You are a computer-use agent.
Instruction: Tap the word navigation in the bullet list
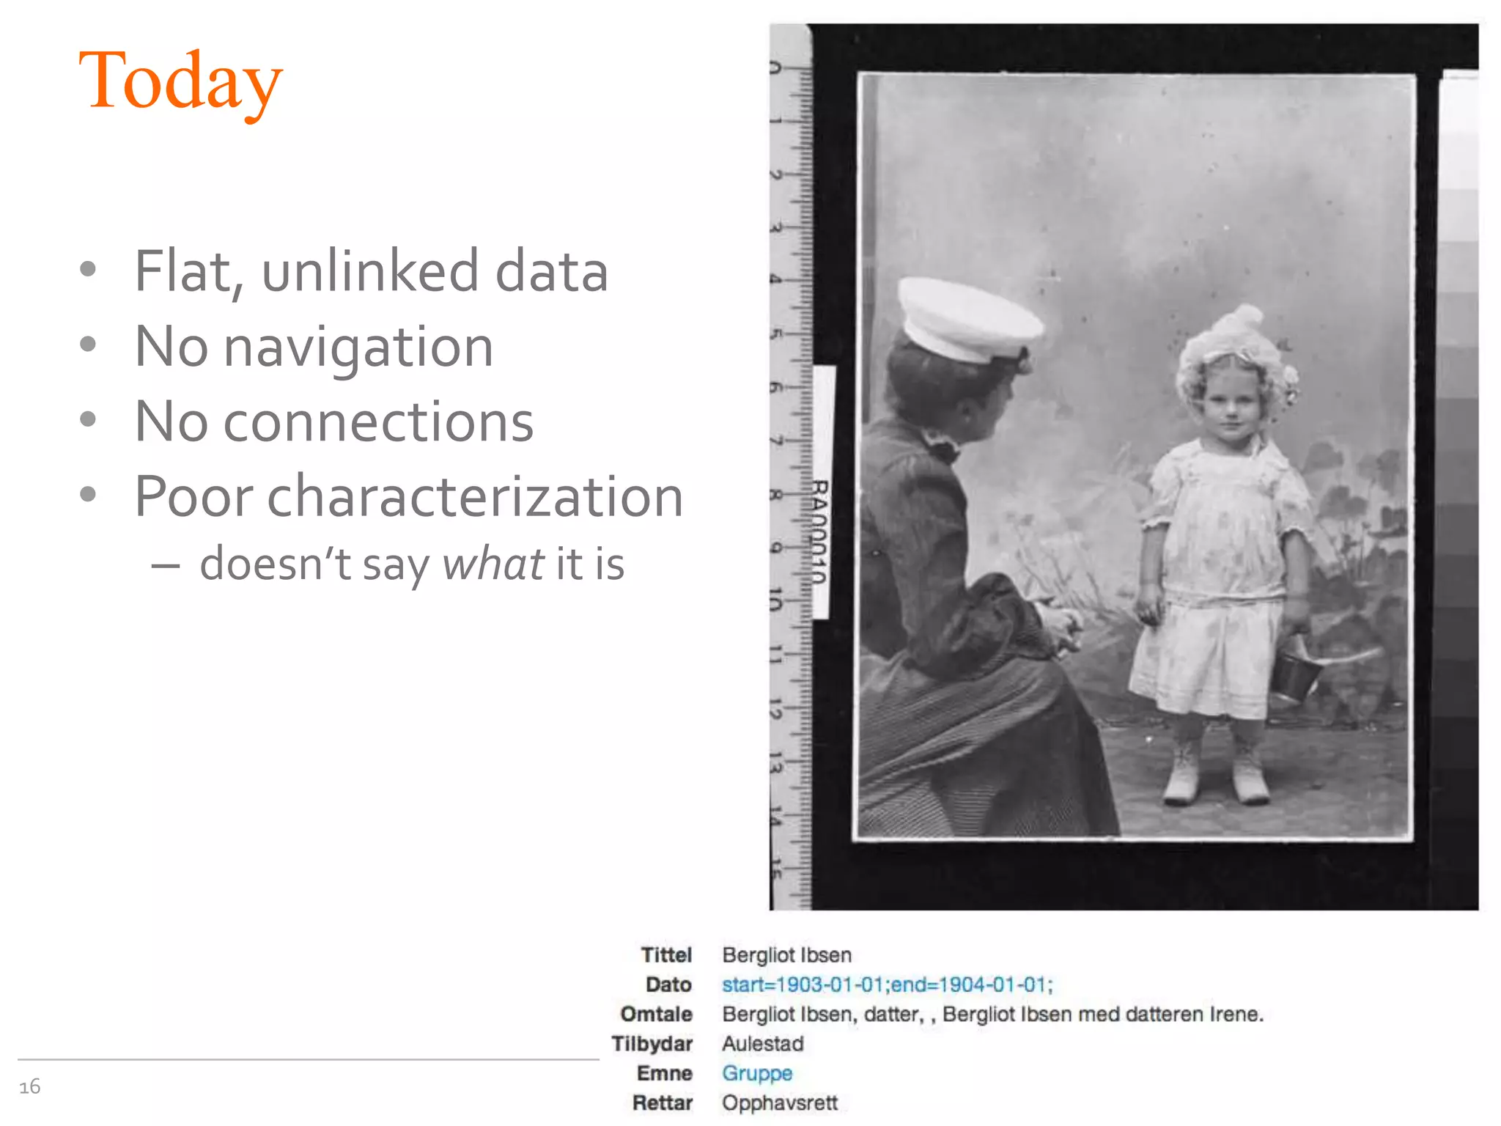(358, 347)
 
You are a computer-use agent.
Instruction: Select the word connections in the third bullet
(378, 422)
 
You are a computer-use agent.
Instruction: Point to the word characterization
(475, 497)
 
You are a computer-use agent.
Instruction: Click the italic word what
(493, 564)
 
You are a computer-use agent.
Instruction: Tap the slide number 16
(30, 1086)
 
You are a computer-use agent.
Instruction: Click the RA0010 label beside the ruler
(820, 531)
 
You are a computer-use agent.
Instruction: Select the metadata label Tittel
(666, 955)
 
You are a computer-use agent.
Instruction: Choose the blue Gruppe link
(757, 1073)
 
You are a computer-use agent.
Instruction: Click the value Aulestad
(762, 1044)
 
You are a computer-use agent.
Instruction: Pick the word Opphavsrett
(779, 1103)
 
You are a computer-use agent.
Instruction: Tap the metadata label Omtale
(657, 1015)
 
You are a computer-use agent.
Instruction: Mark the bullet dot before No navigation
(88, 345)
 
